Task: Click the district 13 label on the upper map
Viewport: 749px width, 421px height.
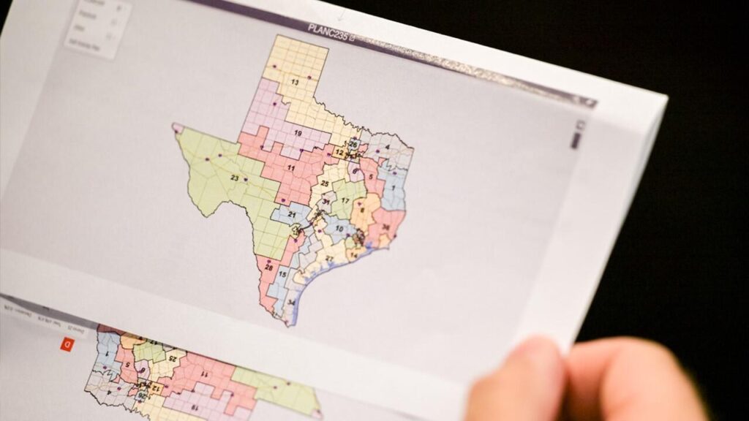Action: [x=295, y=83]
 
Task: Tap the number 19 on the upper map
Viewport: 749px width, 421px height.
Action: [x=298, y=133]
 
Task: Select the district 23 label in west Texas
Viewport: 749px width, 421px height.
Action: [x=235, y=178]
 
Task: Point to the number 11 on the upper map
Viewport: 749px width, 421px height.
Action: [x=290, y=168]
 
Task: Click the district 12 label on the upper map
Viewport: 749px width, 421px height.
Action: [x=339, y=153]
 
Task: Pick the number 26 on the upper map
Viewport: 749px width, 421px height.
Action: [x=353, y=144]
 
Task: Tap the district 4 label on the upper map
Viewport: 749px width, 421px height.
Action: [x=386, y=147]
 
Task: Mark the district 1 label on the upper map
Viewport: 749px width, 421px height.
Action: [x=393, y=188]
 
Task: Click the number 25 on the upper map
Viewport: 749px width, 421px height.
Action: [x=325, y=183]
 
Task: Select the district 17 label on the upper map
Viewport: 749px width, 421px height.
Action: [x=345, y=200]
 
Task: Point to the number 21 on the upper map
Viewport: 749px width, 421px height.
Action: [x=292, y=214]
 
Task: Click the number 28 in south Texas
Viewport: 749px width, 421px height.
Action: [x=268, y=268]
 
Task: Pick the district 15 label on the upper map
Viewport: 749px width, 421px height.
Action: [x=282, y=274]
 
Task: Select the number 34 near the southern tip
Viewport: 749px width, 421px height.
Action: [x=290, y=303]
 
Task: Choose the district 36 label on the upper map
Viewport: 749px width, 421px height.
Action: [x=385, y=227]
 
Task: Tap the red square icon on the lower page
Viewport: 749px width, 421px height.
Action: [x=67, y=344]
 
